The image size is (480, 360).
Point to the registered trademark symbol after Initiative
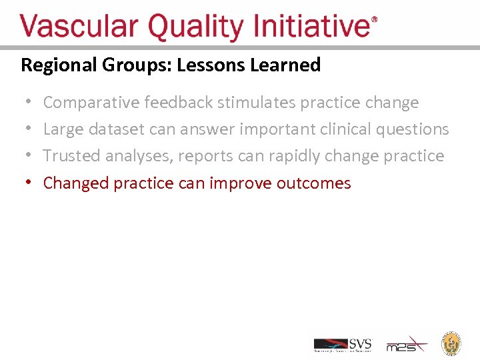pos(374,21)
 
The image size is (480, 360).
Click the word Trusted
pos(72,156)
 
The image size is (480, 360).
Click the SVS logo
pos(343,345)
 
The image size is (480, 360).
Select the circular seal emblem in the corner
pos(452,343)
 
